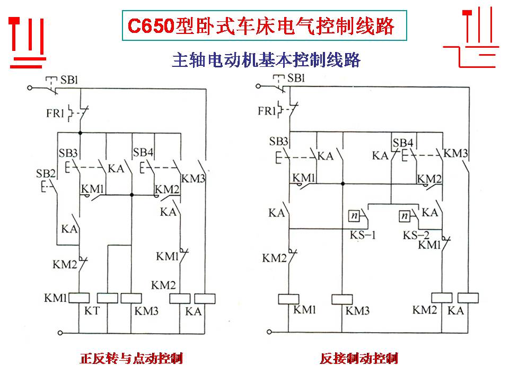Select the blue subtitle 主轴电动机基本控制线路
[266, 60]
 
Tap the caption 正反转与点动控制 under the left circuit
[131, 359]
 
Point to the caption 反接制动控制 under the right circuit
[359, 359]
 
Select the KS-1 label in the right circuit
[362, 235]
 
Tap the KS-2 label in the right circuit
[417, 235]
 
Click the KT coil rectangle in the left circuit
[107, 298]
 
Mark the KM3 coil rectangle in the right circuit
[343, 299]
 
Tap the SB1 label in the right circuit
[296, 79]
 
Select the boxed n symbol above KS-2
[406, 216]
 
